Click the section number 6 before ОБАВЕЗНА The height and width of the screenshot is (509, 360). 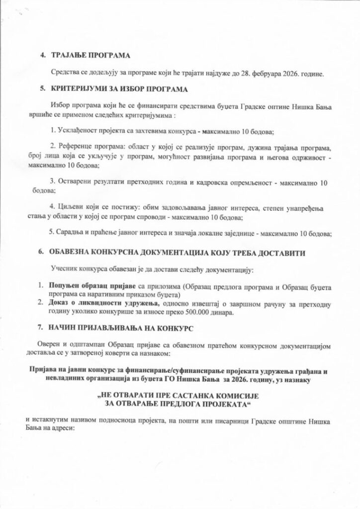tap(40, 253)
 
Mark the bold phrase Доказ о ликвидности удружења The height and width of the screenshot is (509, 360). tap(96, 303)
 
